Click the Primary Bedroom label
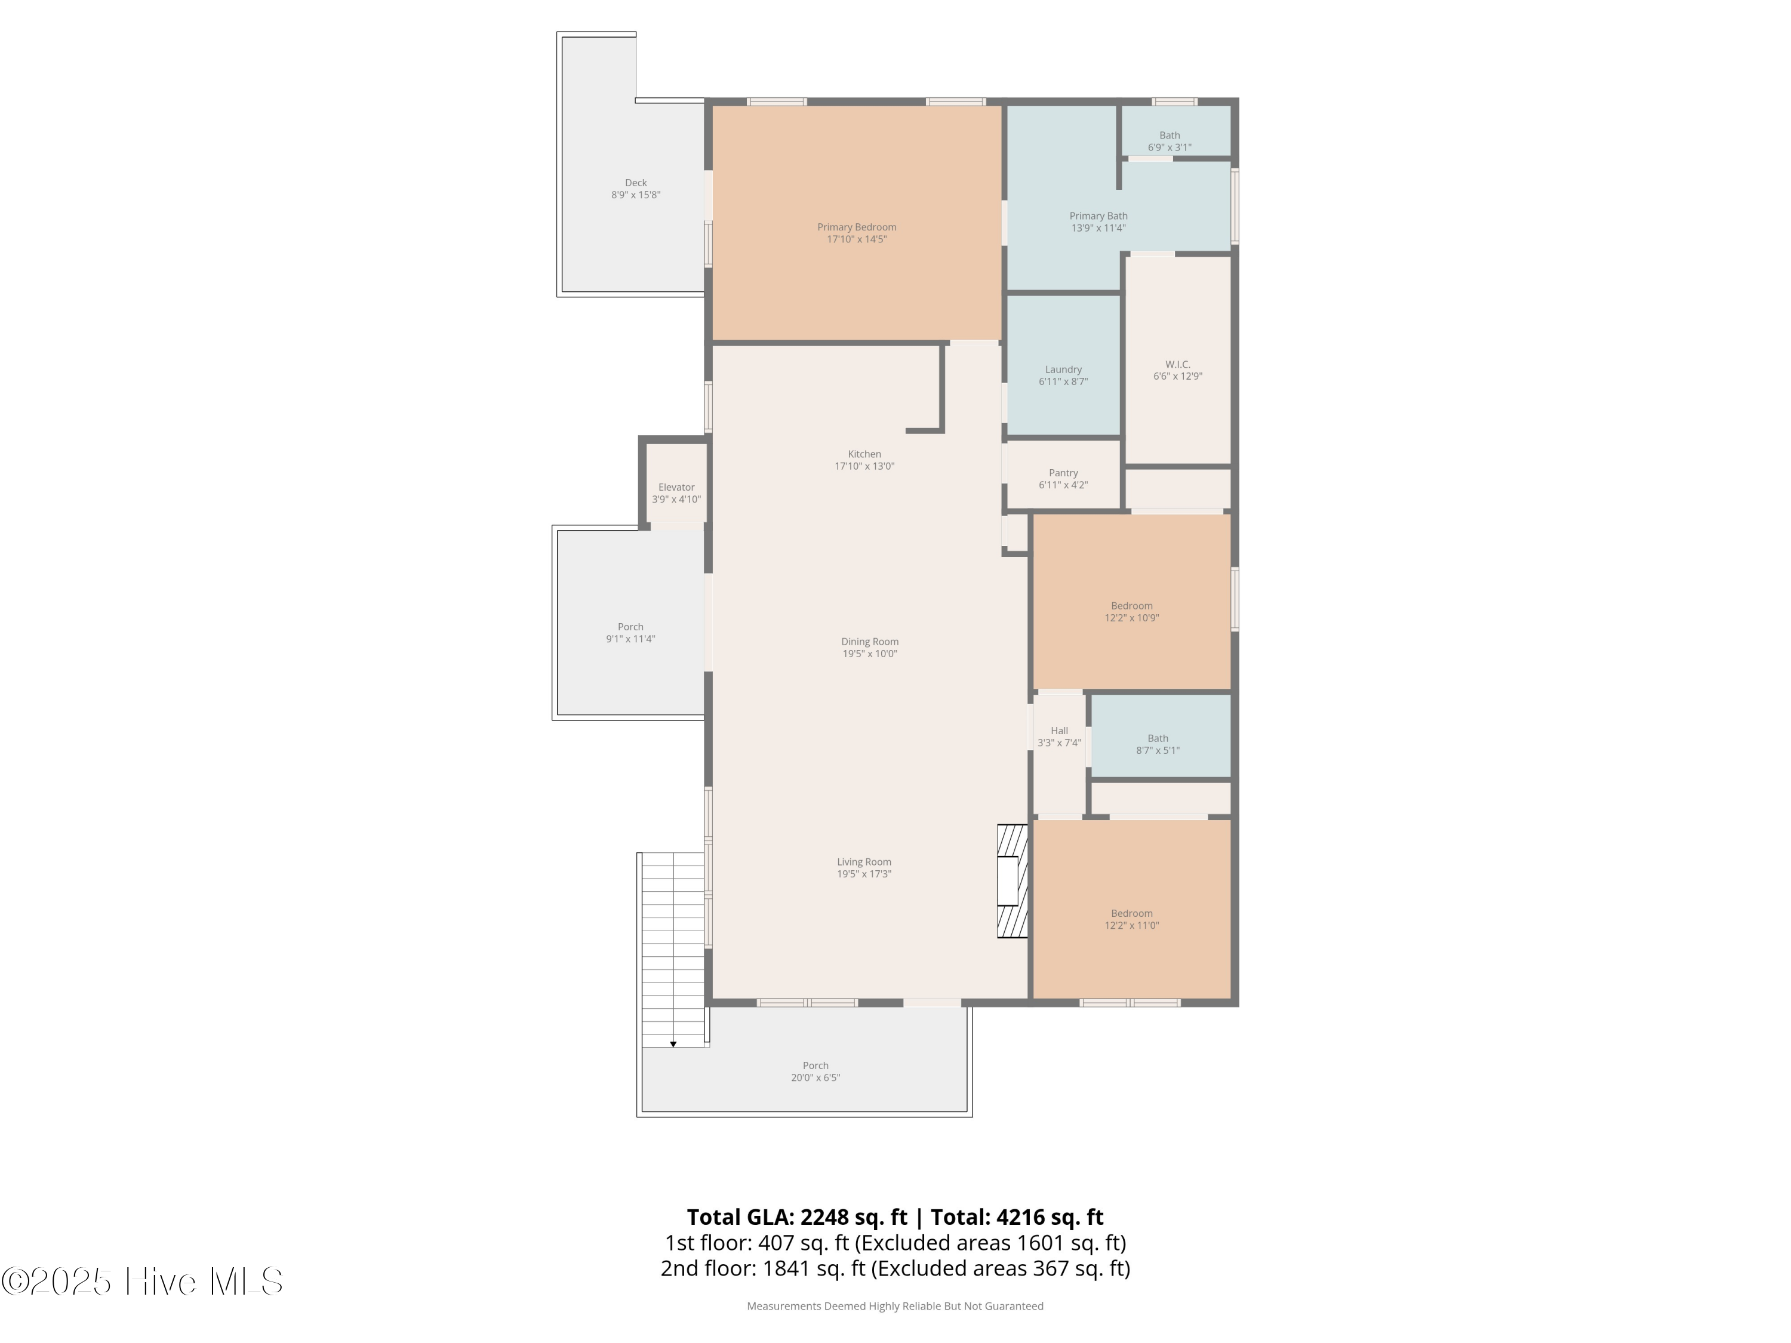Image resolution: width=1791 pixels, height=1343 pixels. [857, 227]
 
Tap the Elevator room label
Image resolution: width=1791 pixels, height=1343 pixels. [676, 487]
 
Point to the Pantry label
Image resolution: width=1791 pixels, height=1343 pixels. [1063, 473]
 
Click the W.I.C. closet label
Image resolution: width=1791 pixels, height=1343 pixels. [1177, 364]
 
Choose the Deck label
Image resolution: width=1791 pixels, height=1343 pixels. [636, 183]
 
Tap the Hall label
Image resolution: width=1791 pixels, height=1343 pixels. [1059, 730]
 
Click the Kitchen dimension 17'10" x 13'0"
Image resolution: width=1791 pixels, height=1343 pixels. [864, 466]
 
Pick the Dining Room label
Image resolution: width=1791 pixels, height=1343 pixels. [870, 642]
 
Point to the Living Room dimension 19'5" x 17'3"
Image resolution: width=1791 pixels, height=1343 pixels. [864, 874]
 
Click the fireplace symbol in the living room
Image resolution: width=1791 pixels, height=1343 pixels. [1012, 881]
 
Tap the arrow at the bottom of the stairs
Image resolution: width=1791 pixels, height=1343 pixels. [673, 1045]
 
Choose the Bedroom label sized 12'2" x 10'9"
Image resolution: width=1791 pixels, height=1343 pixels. [1132, 612]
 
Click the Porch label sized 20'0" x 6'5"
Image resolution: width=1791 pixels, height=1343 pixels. [816, 1072]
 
